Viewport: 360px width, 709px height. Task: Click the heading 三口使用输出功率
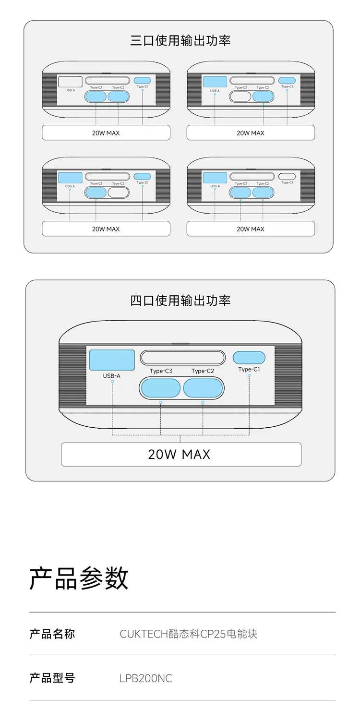[x=180, y=41]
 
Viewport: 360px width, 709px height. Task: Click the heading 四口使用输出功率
[x=180, y=300]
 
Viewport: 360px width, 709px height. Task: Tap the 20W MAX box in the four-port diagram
[x=181, y=454]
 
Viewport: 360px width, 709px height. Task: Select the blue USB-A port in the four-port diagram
[x=112, y=360]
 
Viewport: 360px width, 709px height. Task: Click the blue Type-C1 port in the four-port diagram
[x=249, y=358]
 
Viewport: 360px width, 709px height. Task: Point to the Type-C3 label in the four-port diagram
[x=161, y=371]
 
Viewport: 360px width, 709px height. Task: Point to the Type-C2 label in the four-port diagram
[x=203, y=371]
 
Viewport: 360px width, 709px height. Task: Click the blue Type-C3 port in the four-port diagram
[x=160, y=388]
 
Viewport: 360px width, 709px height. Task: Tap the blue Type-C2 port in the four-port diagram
[x=203, y=388]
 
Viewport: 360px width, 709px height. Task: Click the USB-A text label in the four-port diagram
[x=112, y=376]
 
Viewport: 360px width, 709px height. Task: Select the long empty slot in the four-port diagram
[x=183, y=358]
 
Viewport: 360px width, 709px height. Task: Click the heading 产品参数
[x=79, y=578]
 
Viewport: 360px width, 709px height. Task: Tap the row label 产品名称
[x=52, y=634]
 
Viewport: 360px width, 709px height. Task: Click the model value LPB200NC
[x=145, y=678]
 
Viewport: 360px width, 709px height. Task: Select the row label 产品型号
[x=52, y=678]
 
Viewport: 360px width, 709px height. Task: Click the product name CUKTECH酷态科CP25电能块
[x=188, y=634]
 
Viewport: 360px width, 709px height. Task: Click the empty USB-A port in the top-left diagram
[x=70, y=82]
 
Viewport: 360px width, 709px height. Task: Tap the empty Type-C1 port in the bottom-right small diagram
[x=287, y=176]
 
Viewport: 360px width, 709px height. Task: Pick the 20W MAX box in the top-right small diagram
[x=251, y=133]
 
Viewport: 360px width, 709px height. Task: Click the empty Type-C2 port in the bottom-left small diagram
[x=118, y=192]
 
